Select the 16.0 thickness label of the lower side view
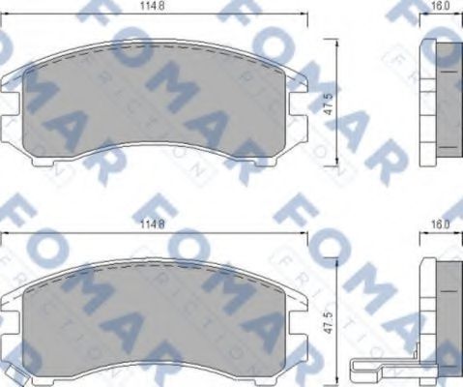tap(440, 226)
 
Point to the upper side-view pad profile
tap(441, 102)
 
